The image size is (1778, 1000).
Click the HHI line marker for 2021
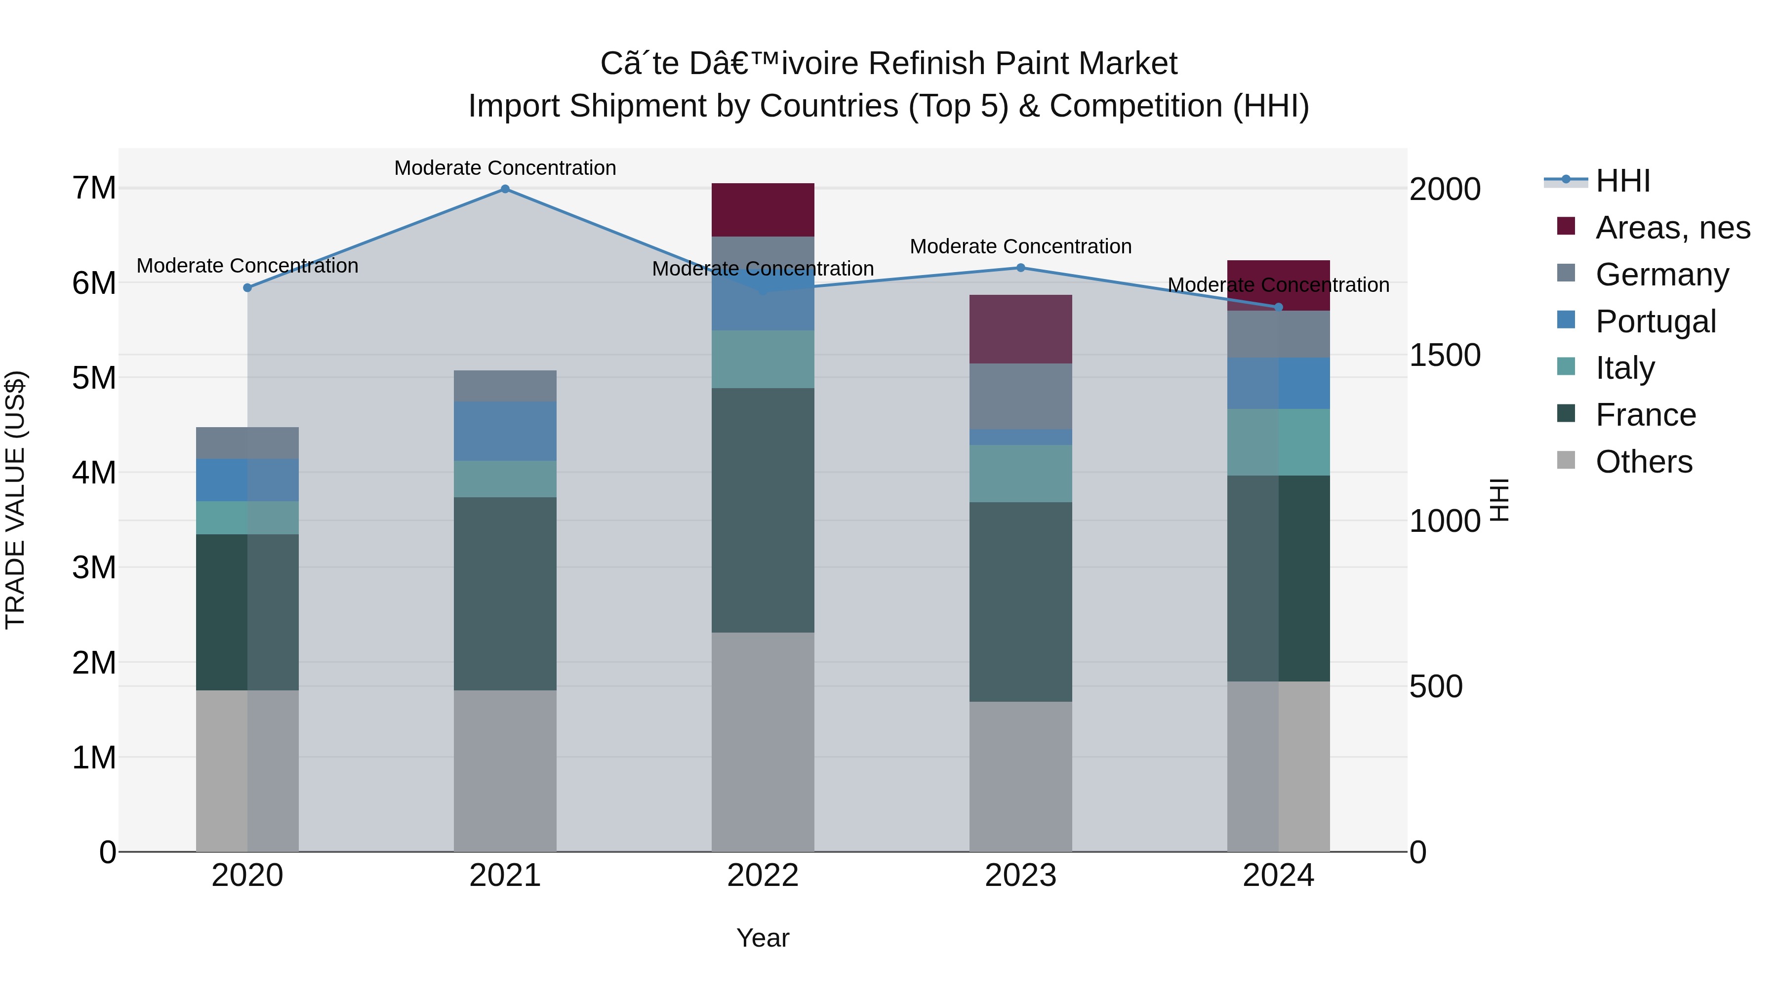[x=505, y=189]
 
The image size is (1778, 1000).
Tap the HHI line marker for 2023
[x=1021, y=268]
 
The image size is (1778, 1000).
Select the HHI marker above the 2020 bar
[x=248, y=288]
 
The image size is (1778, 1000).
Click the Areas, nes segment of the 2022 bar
[x=763, y=210]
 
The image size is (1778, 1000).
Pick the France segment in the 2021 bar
[x=505, y=594]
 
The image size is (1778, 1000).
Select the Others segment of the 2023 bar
[x=1021, y=776]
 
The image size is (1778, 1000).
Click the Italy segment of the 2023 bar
[x=1021, y=474]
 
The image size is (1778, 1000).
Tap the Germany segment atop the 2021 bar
[x=505, y=386]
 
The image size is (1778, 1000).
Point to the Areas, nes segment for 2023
[x=1021, y=329]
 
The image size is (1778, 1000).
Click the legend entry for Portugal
[x=1655, y=321]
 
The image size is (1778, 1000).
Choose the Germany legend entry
[x=1662, y=275]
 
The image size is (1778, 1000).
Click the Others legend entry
[x=1643, y=462]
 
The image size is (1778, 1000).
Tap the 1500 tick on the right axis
[x=1445, y=356]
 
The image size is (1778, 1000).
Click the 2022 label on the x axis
[x=763, y=876]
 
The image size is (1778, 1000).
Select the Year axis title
[x=763, y=938]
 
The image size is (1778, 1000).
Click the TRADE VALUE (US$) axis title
[x=15, y=500]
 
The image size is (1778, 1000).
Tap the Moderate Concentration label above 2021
[x=505, y=168]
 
